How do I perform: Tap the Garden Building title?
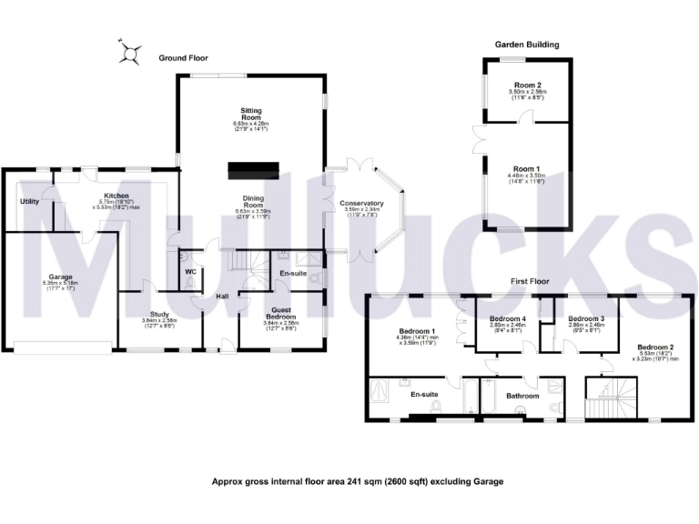click(527, 44)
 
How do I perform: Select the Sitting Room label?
click(247, 114)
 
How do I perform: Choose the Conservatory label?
click(361, 204)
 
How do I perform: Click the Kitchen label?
click(116, 196)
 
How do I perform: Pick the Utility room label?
click(30, 201)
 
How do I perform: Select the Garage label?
click(61, 277)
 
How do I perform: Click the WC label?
click(190, 271)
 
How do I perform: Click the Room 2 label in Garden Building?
click(526, 86)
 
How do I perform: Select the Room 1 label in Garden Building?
click(526, 169)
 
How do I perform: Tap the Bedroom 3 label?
click(581, 318)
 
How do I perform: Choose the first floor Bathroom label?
click(523, 396)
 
